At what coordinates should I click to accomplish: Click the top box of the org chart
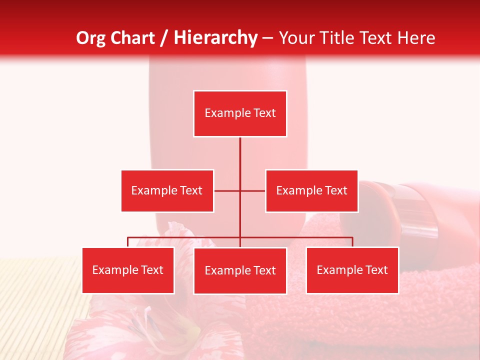coord(240,113)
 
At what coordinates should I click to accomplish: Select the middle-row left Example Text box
coord(167,190)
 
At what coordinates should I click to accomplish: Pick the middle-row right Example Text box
coord(311,190)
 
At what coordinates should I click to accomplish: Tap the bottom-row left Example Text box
coord(128,270)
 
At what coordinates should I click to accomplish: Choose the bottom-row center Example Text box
coord(240,270)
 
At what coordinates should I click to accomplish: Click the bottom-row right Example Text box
coord(352,270)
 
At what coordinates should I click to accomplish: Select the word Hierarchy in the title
coord(215,38)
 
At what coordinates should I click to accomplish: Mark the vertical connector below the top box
coord(240,155)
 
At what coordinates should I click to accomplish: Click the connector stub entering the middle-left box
coord(226,190)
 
